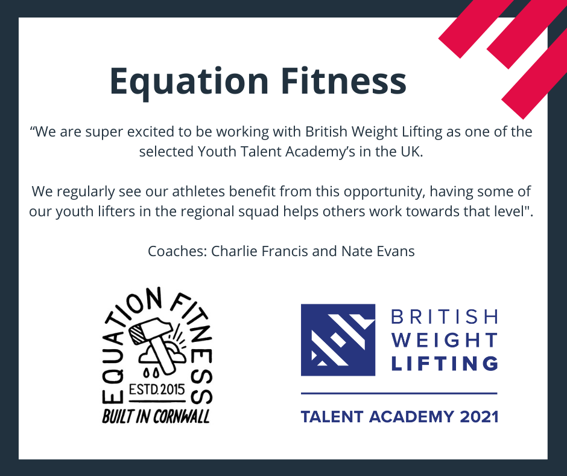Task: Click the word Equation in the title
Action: [189, 82]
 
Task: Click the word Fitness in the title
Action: [344, 80]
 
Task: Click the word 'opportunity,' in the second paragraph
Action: [384, 191]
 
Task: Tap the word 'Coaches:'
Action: [177, 251]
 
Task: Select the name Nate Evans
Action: [378, 251]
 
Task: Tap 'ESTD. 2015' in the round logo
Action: [157, 390]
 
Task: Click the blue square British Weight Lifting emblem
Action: [338, 340]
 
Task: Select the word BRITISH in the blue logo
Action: [445, 317]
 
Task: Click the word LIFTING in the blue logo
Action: [445, 363]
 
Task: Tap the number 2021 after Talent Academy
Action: [479, 417]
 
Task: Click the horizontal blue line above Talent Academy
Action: [399, 393]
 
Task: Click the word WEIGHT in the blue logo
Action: [445, 340]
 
